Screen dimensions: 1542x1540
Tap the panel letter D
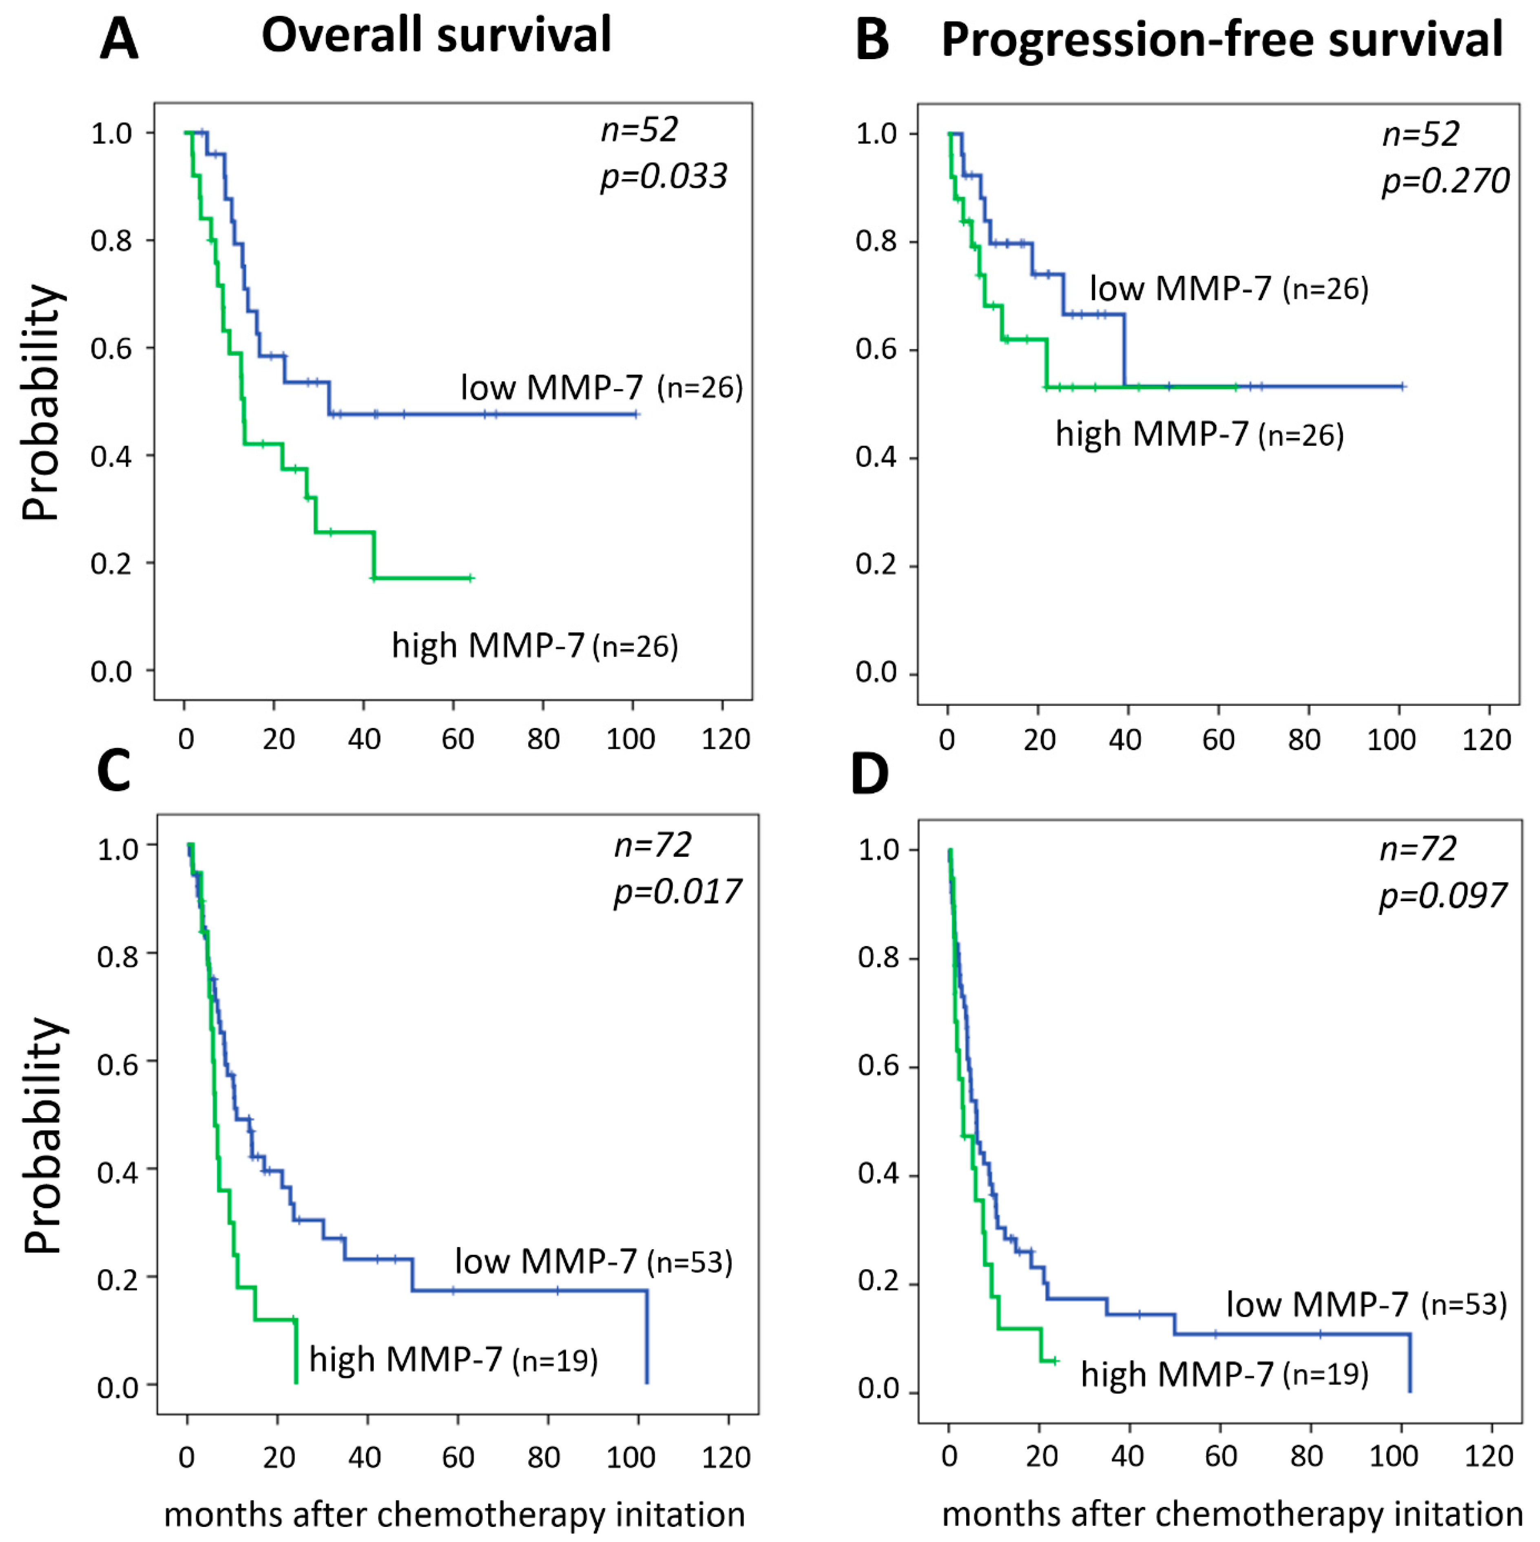pyautogui.click(x=870, y=774)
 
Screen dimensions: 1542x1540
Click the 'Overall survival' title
pyautogui.click(x=436, y=36)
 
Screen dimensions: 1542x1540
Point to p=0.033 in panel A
pyautogui.click(x=664, y=175)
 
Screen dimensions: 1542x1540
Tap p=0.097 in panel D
pyautogui.click(x=1443, y=895)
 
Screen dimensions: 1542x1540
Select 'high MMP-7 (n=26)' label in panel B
pyautogui.click(x=1199, y=435)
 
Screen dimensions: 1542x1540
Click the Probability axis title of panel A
pyautogui.click(x=42, y=403)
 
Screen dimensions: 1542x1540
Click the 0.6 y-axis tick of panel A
pyautogui.click(x=112, y=349)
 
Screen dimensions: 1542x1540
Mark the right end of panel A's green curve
pyautogui.click(x=471, y=578)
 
